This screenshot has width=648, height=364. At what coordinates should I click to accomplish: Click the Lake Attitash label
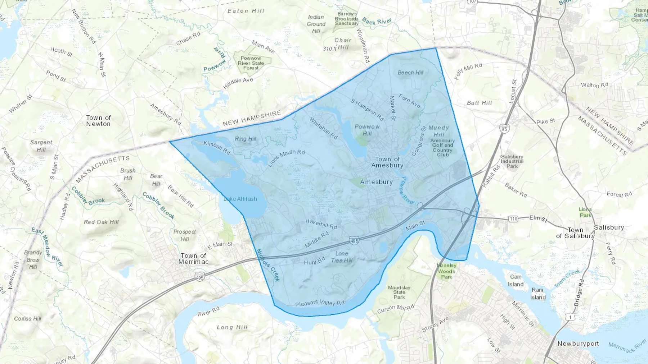(x=240, y=199)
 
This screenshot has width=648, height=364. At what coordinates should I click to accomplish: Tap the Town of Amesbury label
(x=387, y=162)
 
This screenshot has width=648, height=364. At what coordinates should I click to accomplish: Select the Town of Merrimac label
(x=193, y=259)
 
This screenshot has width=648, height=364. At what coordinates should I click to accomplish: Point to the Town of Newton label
(x=98, y=121)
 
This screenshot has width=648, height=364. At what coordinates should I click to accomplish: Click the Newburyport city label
(x=578, y=344)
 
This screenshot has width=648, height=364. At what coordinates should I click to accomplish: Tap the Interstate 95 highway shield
(x=504, y=129)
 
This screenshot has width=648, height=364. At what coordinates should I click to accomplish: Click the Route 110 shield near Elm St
(x=513, y=218)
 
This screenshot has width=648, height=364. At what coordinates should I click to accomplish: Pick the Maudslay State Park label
(x=399, y=292)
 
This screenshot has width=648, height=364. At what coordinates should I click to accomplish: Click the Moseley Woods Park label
(x=447, y=271)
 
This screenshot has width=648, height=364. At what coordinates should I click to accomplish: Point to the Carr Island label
(x=516, y=281)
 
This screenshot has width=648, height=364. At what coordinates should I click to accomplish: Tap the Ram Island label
(x=538, y=294)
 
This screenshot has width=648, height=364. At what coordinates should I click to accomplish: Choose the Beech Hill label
(x=410, y=73)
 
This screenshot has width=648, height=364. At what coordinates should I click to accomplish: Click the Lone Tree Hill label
(x=342, y=257)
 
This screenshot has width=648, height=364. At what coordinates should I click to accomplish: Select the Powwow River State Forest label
(x=251, y=63)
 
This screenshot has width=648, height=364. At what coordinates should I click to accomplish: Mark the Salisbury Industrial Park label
(x=512, y=161)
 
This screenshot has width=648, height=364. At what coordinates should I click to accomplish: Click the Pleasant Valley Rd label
(x=320, y=303)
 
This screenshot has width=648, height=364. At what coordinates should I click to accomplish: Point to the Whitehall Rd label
(x=323, y=128)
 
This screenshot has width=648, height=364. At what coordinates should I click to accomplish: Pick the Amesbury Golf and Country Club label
(x=442, y=148)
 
